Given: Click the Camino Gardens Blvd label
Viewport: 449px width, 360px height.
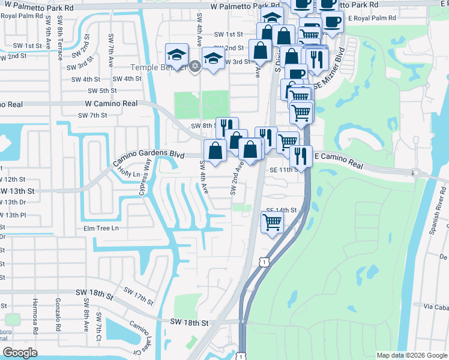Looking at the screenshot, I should coord(149,158).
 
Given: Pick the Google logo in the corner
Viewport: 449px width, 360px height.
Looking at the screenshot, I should coord(20,353).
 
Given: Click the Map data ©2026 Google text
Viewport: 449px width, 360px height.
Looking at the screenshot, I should coord(411,355).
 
